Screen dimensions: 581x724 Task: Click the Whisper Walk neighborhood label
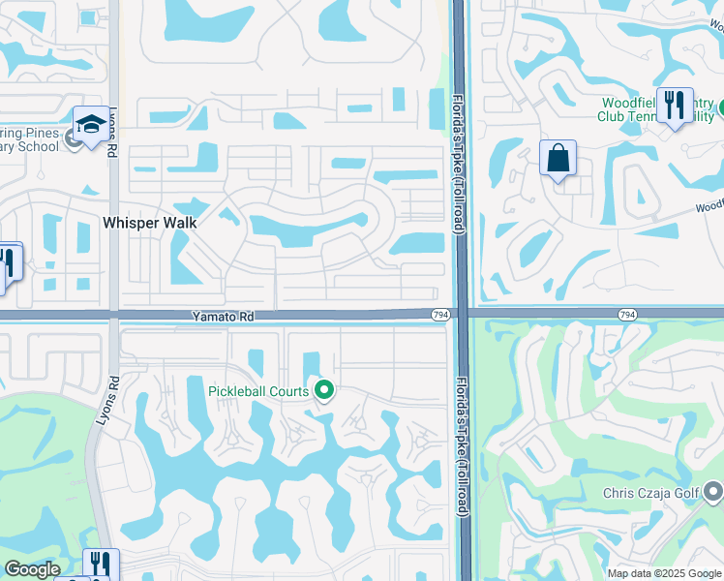pyautogui.click(x=150, y=223)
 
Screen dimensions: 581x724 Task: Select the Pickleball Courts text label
pyautogui.click(x=258, y=391)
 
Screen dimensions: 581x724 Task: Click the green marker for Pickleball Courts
pyautogui.click(x=324, y=391)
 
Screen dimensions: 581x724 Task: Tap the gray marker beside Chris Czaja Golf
pyautogui.click(x=714, y=491)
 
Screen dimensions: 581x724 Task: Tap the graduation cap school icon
pyautogui.click(x=91, y=126)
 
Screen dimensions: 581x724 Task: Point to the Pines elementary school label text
pyautogui.click(x=29, y=140)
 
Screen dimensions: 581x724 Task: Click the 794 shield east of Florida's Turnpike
pyautogui.click(x=627, y=314)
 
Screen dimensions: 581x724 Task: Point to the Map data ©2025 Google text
pyautogui.click(x=664, y=572)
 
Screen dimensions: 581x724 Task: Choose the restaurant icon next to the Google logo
pyautogui.click(x=100, y=565)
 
